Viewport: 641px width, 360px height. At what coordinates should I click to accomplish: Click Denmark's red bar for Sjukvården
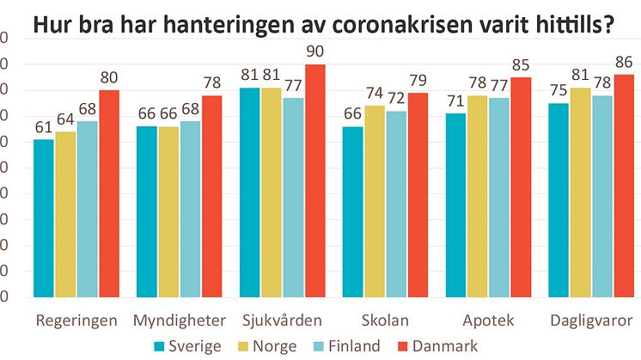[314, 180]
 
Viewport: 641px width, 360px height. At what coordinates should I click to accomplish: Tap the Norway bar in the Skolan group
[375, 201]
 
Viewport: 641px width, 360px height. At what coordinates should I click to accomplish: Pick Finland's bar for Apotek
[500, 197]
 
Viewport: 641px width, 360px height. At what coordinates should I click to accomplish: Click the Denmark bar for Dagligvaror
[625, 186]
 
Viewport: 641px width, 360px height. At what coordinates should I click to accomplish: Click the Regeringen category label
[75, 320]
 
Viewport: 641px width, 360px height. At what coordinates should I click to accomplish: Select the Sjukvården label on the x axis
[282, 320]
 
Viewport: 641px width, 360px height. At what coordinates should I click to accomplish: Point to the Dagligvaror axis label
[593, 320]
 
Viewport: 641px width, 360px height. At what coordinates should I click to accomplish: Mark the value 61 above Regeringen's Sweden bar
[44, 128]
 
